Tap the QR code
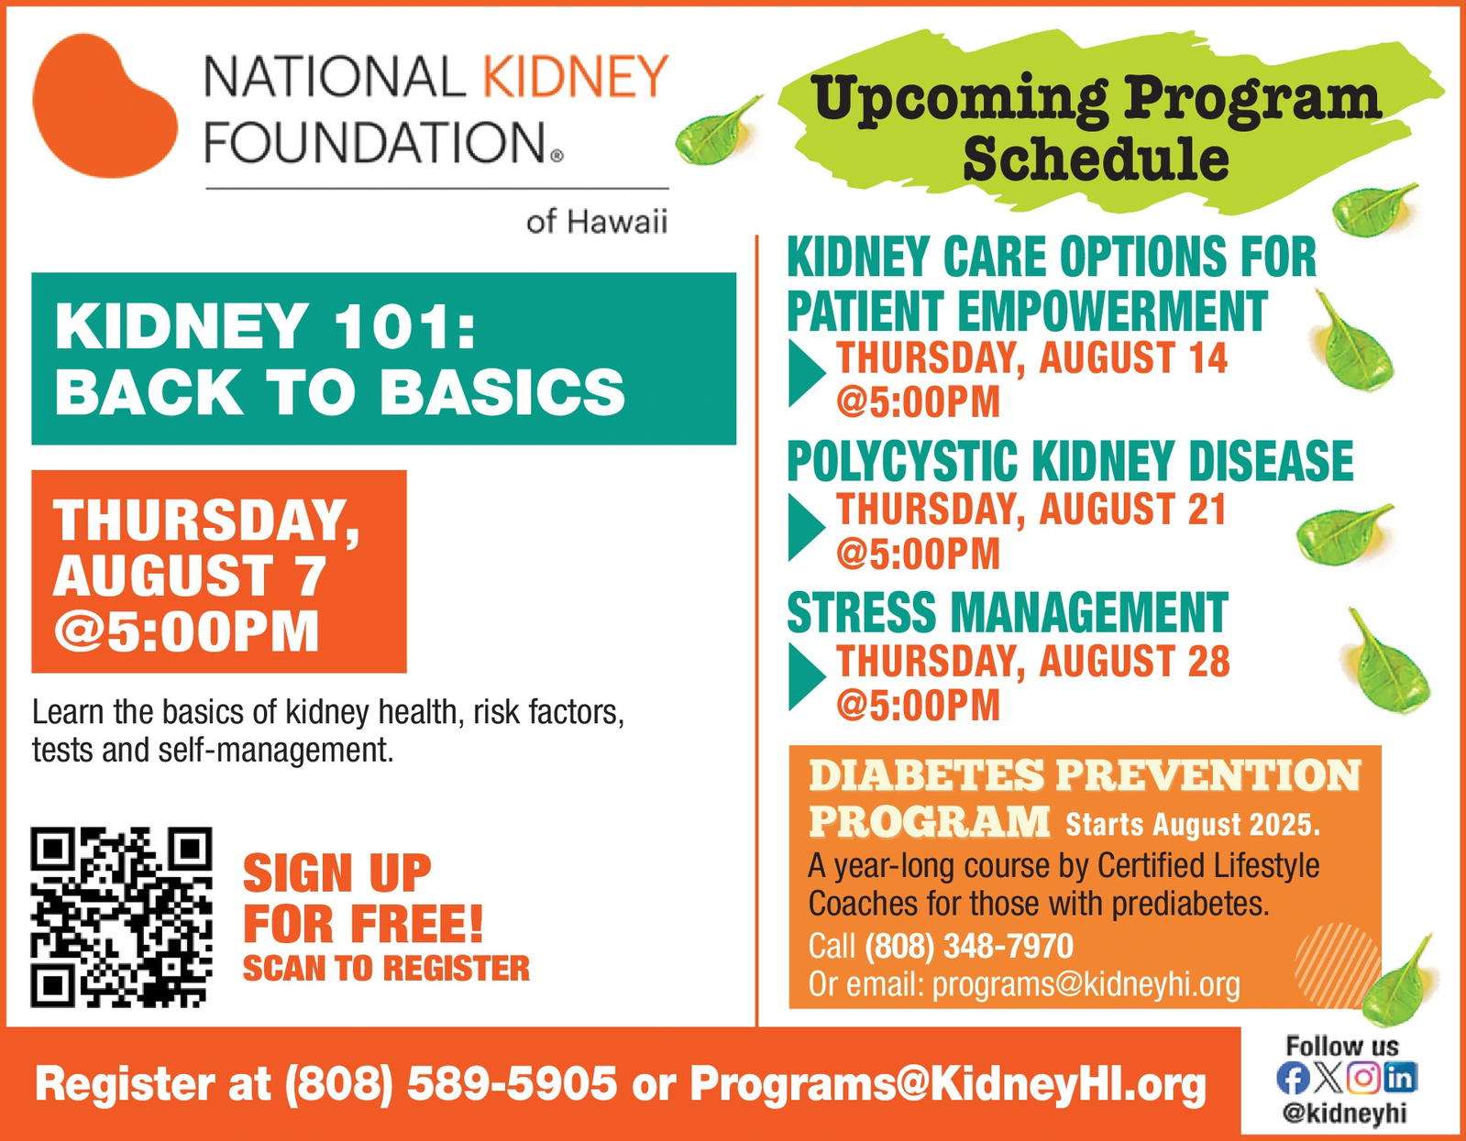121,917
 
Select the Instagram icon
1363,1078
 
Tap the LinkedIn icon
1400,1078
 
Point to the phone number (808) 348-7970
969,946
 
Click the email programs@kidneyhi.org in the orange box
1086,984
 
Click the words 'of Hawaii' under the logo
596,221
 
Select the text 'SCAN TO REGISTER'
386,969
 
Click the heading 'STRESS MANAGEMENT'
1008,612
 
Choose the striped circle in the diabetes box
1335,963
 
